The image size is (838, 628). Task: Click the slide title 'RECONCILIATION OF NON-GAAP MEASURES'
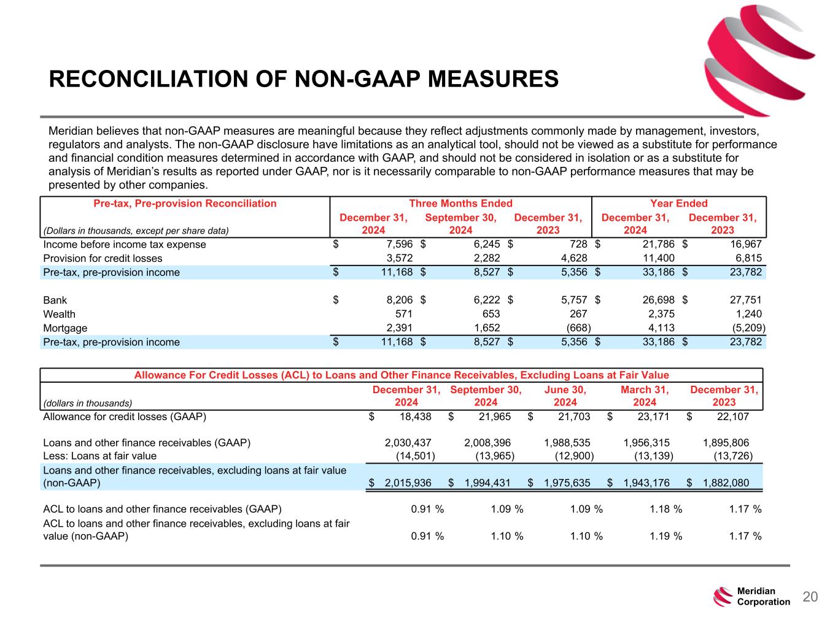tap(303, 79)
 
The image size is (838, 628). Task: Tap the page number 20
tap(810, 597)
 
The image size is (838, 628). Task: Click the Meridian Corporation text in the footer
tap(763, 597)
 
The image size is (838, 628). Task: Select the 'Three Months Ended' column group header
tap(460, 204)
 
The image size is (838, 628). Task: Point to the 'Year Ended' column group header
tap(678, 204)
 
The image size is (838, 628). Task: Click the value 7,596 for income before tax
tap(397, 245)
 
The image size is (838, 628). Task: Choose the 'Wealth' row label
tap(59, 314)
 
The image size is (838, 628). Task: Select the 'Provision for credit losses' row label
tap(103, 258)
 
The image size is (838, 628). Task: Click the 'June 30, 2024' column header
tap(565, 396)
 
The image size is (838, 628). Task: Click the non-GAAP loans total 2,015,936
tap(408, 483)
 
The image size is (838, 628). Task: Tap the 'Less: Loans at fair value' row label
tap(99, 456)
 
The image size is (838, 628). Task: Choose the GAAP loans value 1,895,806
tap(725, 443)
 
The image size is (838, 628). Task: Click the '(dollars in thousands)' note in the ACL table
tap(88, 403)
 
